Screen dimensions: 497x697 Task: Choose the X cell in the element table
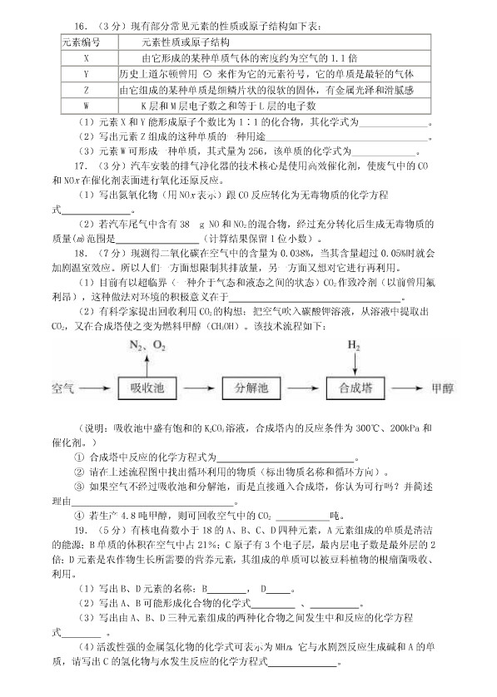86,58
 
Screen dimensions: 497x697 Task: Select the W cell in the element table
86,106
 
